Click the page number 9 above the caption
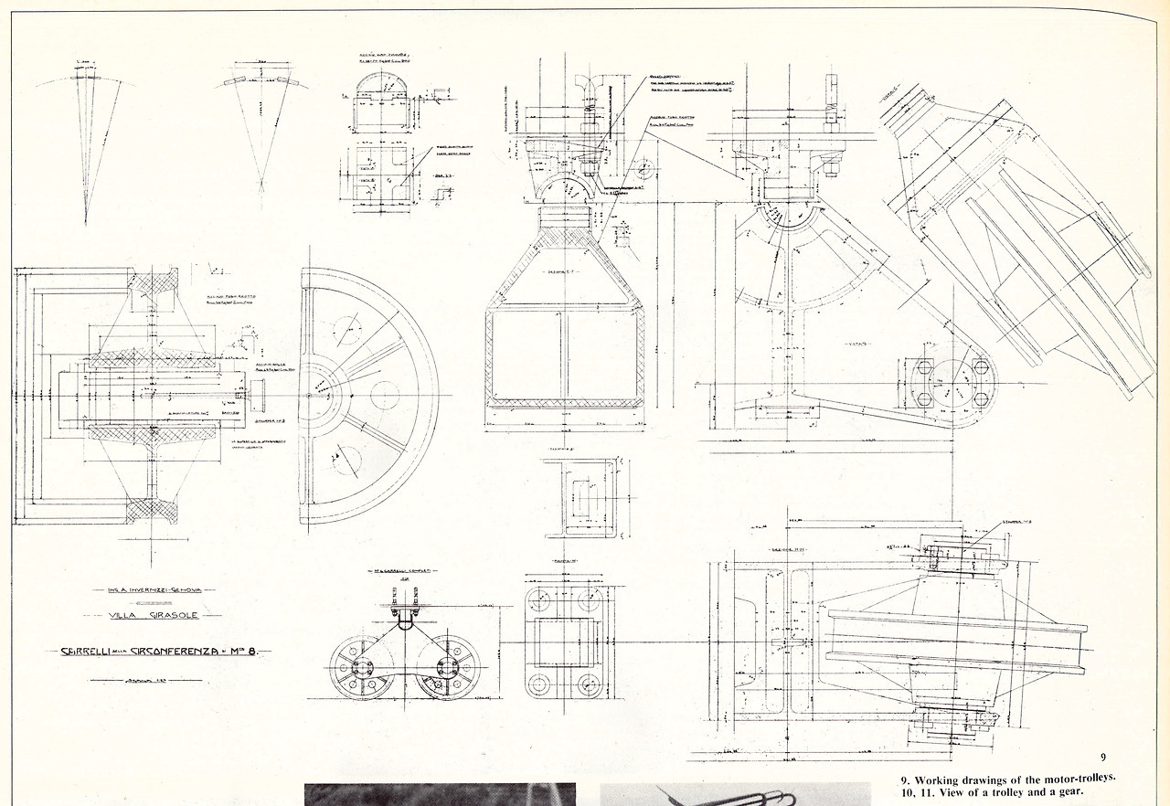(1103, 758)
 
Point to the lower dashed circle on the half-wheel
(346, 457)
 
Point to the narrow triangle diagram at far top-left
(85, 146)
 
